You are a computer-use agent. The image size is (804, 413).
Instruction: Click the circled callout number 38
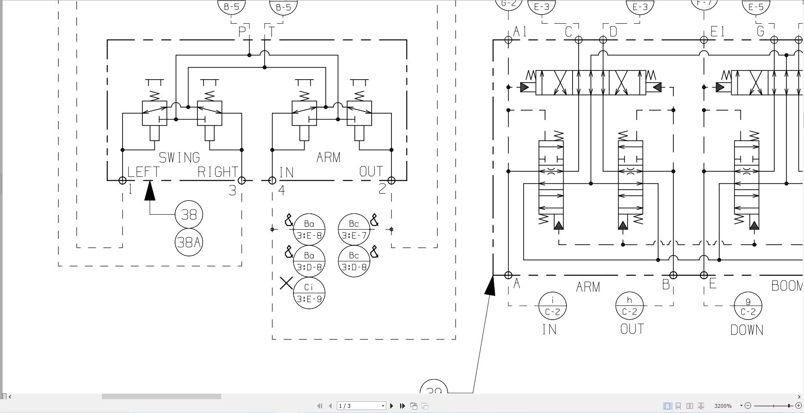pos(189,214)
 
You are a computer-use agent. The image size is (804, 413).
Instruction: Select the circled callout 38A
pos(189,242)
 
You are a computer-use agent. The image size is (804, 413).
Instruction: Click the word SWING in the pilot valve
pos(179,157)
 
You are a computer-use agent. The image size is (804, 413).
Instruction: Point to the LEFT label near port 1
pos(143,172)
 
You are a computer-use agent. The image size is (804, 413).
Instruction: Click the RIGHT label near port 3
pos(218,172)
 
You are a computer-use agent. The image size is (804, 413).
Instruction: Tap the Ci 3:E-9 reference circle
pos(309,293)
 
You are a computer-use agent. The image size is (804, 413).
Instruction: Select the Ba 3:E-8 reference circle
pos(309,229)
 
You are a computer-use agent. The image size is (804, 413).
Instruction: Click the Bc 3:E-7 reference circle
pos(354,229)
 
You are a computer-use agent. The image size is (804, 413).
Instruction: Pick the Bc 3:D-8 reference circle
pos(354,261)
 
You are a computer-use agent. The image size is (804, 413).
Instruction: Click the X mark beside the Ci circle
pos(286,283)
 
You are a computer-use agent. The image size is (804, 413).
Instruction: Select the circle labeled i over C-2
pos(552,306)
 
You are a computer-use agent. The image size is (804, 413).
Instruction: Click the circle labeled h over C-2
pos(629,306)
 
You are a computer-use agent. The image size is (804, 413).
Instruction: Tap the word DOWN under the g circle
pos(747,330)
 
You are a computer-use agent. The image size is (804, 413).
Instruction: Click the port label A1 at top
pos(520,31)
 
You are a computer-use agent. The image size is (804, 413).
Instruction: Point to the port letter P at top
pos(242,31)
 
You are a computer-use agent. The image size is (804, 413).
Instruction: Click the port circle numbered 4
pos(272,181)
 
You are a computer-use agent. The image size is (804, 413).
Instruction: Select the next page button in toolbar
pos(391,406)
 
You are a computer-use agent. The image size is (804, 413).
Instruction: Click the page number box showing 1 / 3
pos(360,406)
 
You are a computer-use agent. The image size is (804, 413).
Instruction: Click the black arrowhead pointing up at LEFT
pos(150,191)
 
